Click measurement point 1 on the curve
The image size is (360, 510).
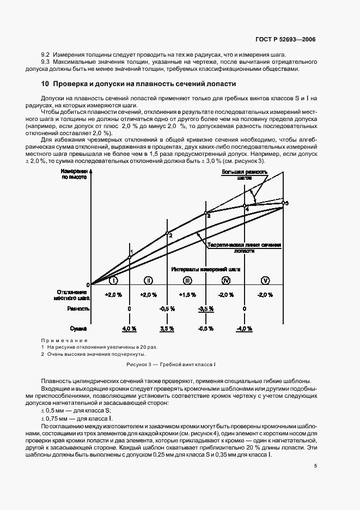129,257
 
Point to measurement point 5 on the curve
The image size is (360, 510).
283,203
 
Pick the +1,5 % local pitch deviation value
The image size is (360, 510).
187,294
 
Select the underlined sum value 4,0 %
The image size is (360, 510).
129,329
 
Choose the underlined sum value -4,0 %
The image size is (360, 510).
243,329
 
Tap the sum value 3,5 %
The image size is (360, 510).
167,329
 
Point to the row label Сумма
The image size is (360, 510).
79,329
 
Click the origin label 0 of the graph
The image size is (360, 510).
87,285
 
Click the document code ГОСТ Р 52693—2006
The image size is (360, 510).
285,40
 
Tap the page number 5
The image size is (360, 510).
315,466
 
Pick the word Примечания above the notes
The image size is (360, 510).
64,340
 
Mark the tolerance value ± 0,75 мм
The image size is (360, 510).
58,417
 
